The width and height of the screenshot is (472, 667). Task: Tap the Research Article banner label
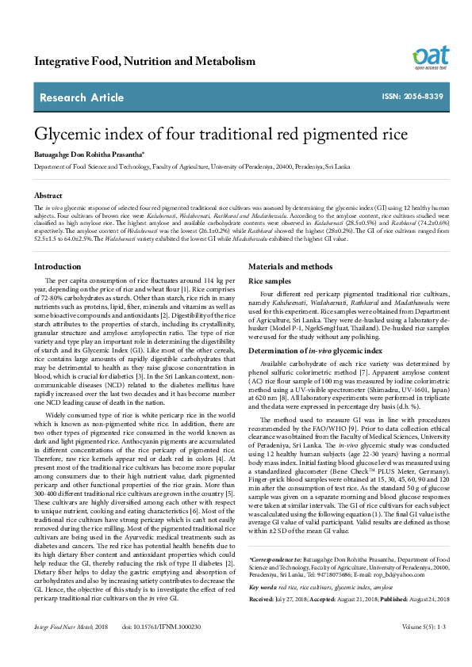click(x=79, y=97)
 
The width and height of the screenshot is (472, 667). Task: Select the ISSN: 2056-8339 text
click(x=412, y=97)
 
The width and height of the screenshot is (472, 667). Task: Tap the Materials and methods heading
click(x=290, y=267)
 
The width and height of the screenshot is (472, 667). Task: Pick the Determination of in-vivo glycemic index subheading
click(x=316, y=350)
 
